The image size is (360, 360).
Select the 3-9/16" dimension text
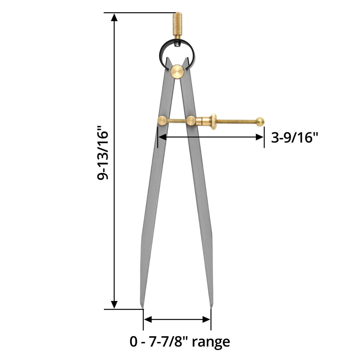coord(295,137)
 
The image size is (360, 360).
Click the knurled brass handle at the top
coord(177,24)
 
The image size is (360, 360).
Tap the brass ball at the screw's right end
coord(260,122)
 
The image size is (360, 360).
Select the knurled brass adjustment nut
coord(213,122)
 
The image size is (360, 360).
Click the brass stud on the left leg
coord(162,121)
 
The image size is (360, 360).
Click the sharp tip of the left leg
coord(143,307)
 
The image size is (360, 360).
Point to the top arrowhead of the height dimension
coord(114,17)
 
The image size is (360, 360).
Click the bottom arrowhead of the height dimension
coord(114,305)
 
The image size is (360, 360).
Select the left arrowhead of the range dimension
coord(147,320)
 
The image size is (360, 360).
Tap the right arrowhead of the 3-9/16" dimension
coord(260,137)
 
